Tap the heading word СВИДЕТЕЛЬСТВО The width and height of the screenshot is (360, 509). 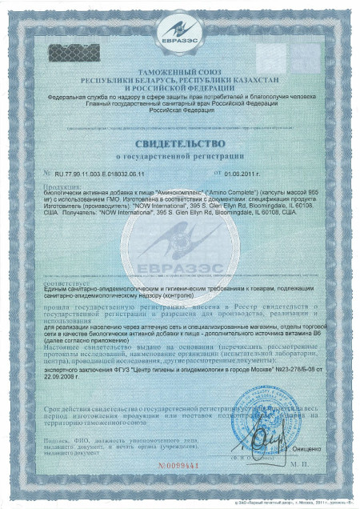(x=180, y=143)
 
